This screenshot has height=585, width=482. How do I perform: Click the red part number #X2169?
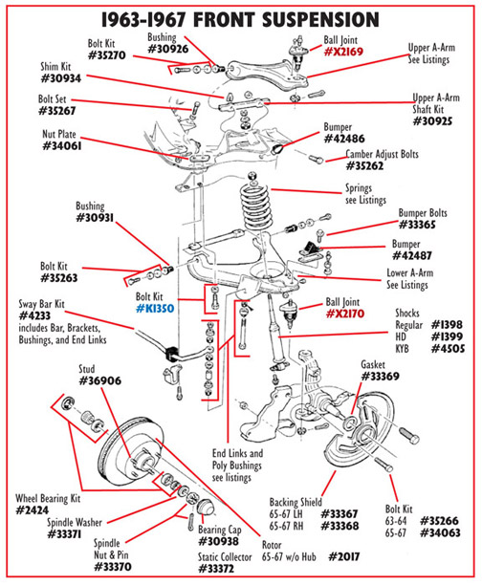click(x=343, y=52)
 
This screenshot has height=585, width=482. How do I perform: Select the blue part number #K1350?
click(x=155, y=309)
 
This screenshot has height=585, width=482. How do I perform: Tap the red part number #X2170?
click(x=345, y=314)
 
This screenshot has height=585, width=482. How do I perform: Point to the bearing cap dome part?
click(x=205, y=506)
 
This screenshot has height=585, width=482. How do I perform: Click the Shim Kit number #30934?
click(x=61, y=78)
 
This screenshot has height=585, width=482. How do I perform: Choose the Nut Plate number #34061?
click(x=62, y=146)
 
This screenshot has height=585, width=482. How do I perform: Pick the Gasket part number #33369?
click(x=380, y=377)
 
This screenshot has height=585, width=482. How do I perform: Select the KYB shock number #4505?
click(x=448, y=349)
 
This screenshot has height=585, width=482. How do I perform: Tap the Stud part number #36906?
click(x=100, y=381)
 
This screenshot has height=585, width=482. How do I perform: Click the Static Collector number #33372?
click(x=216, y=569)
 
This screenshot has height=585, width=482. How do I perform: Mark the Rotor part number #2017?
click(x=344, y=557)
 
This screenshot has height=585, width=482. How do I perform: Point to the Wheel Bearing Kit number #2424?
click(x=33, y=510)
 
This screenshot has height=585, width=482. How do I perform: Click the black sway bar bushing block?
click(x=171, y=354)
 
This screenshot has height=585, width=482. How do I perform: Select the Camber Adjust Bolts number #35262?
click(x=364, y=165)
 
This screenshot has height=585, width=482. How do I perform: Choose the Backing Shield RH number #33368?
click(x=340, y=526)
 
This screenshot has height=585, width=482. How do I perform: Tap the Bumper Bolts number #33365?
click(x=417, y=225)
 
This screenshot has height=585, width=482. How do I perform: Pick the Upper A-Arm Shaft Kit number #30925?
click(x=432, y=121)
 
